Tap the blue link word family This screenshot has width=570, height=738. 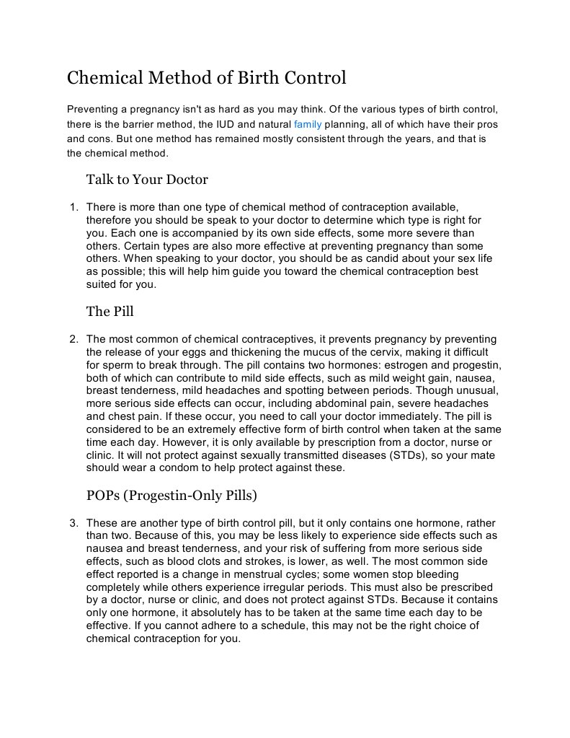308,124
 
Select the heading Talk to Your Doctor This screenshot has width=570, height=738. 147,179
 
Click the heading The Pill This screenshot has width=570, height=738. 110,312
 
